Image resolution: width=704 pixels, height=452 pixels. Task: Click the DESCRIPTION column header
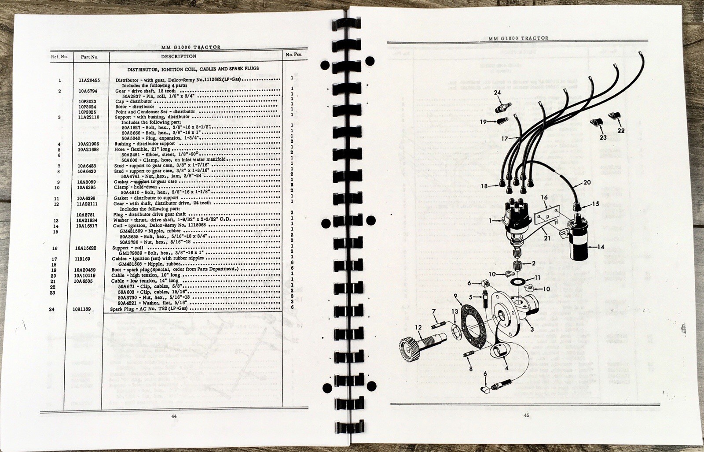coord(178,56)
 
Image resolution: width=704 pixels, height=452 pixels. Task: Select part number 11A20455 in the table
coord(89,80)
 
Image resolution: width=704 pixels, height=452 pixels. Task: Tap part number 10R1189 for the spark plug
coord(82,310)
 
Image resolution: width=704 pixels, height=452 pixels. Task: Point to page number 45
coord(525,415)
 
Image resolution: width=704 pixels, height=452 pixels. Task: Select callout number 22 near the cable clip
coord(621,130)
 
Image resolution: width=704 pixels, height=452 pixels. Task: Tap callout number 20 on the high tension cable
coord(587,182)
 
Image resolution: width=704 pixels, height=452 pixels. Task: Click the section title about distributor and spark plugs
coord(193,69)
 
